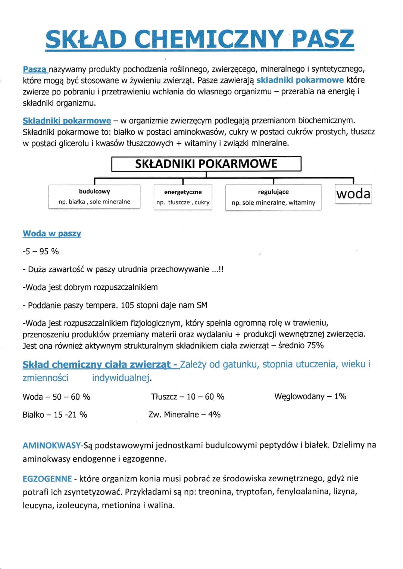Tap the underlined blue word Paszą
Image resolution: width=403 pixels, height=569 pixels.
coord(35,69)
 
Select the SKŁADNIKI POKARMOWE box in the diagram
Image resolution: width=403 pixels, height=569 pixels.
coord(206,164)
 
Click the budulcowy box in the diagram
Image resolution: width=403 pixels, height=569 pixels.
coord(94,197)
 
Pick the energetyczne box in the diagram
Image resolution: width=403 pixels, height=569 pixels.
coord(183,197)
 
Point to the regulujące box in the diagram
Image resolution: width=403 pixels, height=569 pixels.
coord(273,197)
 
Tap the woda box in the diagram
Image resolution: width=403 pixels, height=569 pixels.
coord(353,194)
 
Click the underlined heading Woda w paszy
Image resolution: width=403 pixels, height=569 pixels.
coord(52,234)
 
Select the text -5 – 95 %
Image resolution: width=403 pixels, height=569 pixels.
coord(41,252)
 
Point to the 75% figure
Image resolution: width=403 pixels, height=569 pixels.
coord(315,346)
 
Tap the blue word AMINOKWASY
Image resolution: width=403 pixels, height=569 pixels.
coord(51,445)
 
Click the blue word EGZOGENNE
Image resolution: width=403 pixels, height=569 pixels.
coord(47,479)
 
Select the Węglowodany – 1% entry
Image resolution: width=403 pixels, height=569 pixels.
coord(310,396)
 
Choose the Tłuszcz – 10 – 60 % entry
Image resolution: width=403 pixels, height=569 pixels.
coord(187,397)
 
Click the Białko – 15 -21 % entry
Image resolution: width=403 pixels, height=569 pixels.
coord(55,415)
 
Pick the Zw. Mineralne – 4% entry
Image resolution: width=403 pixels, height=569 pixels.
coord(184,415)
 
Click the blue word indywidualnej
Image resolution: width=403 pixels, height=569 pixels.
coord(121,378)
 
